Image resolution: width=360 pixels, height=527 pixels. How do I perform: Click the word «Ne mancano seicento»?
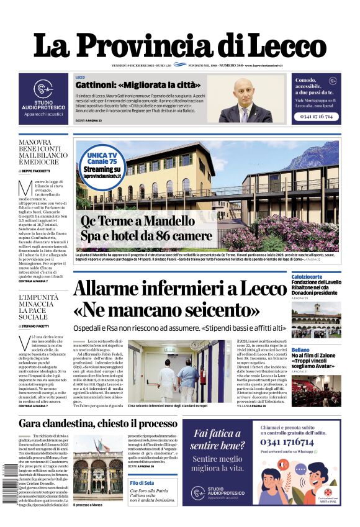click(x=166, y=309)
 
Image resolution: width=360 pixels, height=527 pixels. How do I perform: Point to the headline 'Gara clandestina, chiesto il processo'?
click(x=97, y=423)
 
